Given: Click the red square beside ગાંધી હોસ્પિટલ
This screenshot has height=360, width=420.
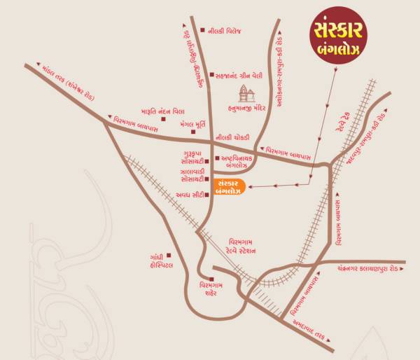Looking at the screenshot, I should pos(168,265).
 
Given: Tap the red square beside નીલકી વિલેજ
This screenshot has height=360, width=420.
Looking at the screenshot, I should pos(202,30).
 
